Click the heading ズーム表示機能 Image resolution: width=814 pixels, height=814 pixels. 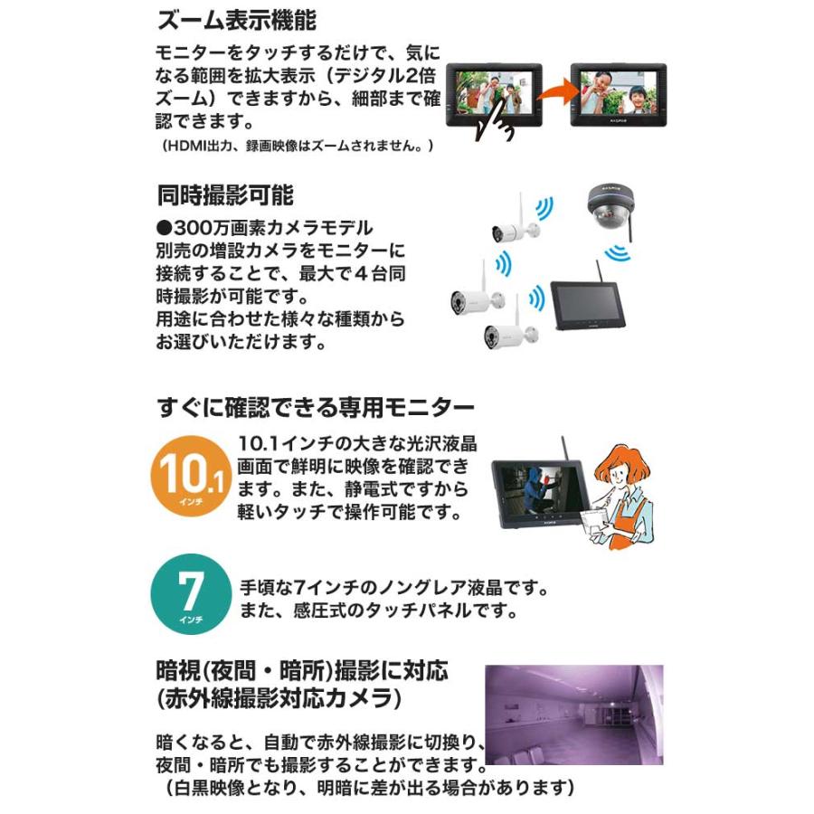(x=236, y=20)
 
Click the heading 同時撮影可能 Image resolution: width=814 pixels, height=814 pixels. (x=225, y=194)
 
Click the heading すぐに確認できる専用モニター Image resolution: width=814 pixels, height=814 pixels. (x=316, y=403)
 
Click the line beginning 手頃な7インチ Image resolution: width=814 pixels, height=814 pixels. (x=394, y=588)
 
